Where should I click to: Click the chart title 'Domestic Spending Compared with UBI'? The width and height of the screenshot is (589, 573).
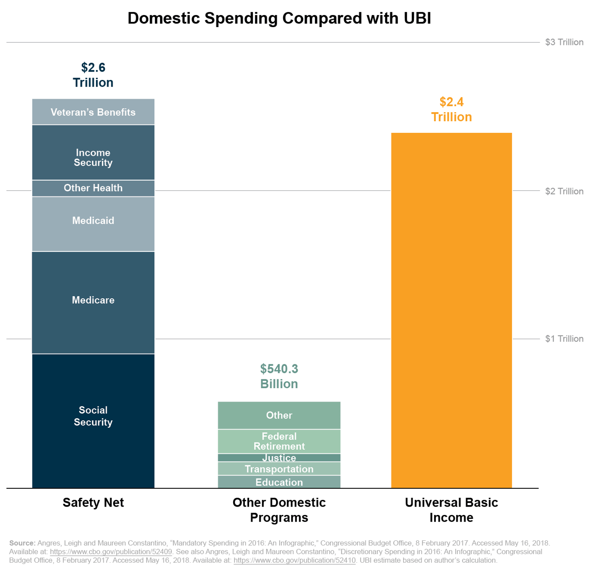coord(279,19)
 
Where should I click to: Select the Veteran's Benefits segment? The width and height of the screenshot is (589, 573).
coord(93,112)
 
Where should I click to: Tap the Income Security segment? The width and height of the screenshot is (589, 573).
coord(93,153)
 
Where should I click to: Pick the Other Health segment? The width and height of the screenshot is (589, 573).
coord(93,188)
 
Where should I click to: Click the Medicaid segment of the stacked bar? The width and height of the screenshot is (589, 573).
coord(93,224)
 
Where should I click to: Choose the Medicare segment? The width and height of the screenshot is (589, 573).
coord(93,302)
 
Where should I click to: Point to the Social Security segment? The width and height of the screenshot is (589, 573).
coord(93,420)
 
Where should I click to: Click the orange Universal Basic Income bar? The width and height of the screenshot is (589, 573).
coord(451,310)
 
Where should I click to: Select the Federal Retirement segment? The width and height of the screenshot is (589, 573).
coord(279,441)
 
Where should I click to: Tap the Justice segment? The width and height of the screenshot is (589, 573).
coord(279,458)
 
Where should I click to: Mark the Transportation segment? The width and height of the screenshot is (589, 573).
coord(279,469)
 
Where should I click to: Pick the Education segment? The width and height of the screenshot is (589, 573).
coord(279,482)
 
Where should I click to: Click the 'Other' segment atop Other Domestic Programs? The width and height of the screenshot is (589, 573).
coord(279,415)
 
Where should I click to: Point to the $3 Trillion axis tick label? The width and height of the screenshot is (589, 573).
coord(564,42)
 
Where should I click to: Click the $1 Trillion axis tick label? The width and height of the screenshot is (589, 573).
coord(564,339)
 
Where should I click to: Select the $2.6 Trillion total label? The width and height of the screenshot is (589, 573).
coord(93,75)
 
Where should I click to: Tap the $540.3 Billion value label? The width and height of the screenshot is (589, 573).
coord(279,376)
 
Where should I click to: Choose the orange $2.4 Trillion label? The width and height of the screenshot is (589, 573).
coord(451,109)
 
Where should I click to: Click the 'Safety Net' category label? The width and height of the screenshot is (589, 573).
coord(93,503)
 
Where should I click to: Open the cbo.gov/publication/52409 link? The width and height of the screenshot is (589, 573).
coord(111,552)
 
